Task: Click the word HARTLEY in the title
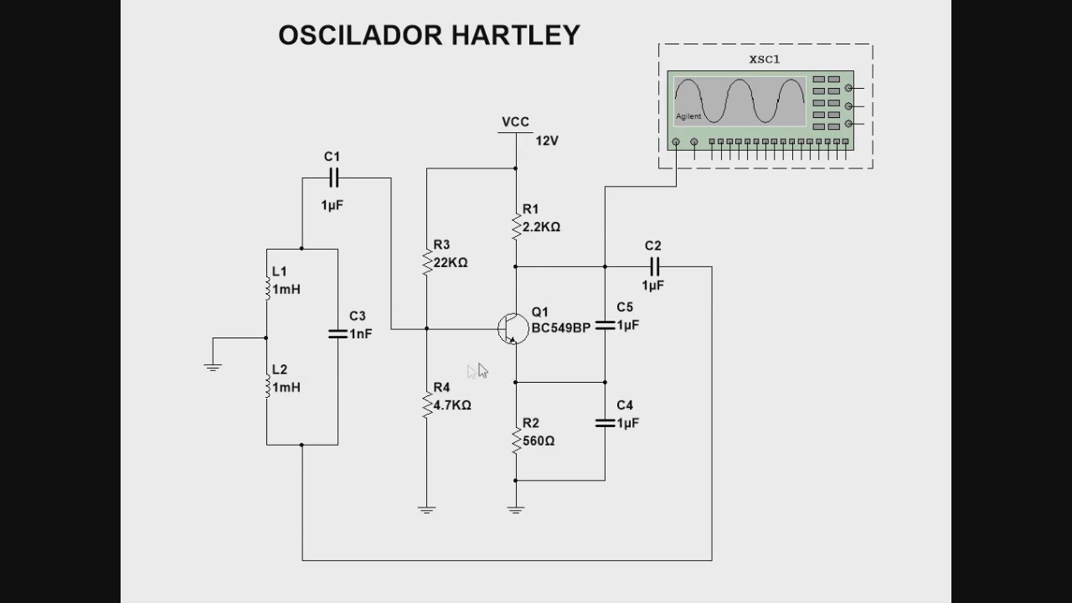(x=515, y=35)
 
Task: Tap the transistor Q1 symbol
(x=513, y=328)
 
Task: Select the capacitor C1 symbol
(x=332, y=178)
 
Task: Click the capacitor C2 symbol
(x=654, y=266)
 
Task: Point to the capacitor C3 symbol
(x=338, y=333)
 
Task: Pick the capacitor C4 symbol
(x=605, y=423)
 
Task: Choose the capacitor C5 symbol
(x=605, y=325)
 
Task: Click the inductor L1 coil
(x=267, y=287)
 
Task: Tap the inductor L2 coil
(x=267, y=385)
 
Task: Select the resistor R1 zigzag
(x=516, y=224)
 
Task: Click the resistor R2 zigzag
(x=516, y=439)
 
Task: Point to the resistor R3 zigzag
(x=427, y=260)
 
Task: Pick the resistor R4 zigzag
(x=427, y=404)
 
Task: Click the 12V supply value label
(x=546, y=141)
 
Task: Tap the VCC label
(x=515, y=122)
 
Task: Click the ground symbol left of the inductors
(x=213, y=366)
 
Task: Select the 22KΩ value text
(x=451, y=262)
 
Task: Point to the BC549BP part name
(x=560, y=327)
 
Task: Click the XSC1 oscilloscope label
(x=764, y=59)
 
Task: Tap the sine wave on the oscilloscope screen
(x=739, y=101)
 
